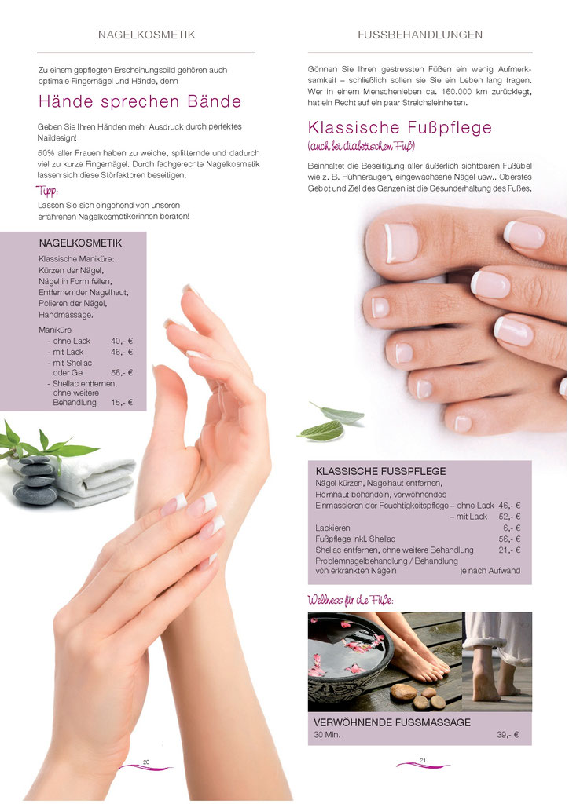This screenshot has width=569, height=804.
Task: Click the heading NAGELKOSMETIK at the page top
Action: point(147,35)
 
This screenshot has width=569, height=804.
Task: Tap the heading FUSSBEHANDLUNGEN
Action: point(420,35)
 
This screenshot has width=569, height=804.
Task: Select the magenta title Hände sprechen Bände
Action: point(140,101)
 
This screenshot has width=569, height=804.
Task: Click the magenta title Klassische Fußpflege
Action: point(400,127)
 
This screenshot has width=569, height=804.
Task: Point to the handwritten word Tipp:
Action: point(47,191)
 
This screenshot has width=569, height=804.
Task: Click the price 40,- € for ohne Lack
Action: point(122,341)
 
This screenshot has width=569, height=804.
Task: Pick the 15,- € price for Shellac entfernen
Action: point(122,403)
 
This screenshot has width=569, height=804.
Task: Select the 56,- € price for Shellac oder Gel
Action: point(122,373)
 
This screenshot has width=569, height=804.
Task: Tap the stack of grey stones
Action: point(35,481)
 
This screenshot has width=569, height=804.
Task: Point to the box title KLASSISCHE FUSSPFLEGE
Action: point(380,471)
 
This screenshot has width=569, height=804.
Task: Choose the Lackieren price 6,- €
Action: point(512,528)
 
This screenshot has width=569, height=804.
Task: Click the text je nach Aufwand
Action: point(490,571)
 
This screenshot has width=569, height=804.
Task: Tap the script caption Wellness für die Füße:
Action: point(351,600)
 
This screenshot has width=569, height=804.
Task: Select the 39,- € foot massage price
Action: point(508,735)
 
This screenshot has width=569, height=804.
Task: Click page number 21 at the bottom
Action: point(423,760)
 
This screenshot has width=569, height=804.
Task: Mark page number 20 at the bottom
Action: point(146,762)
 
